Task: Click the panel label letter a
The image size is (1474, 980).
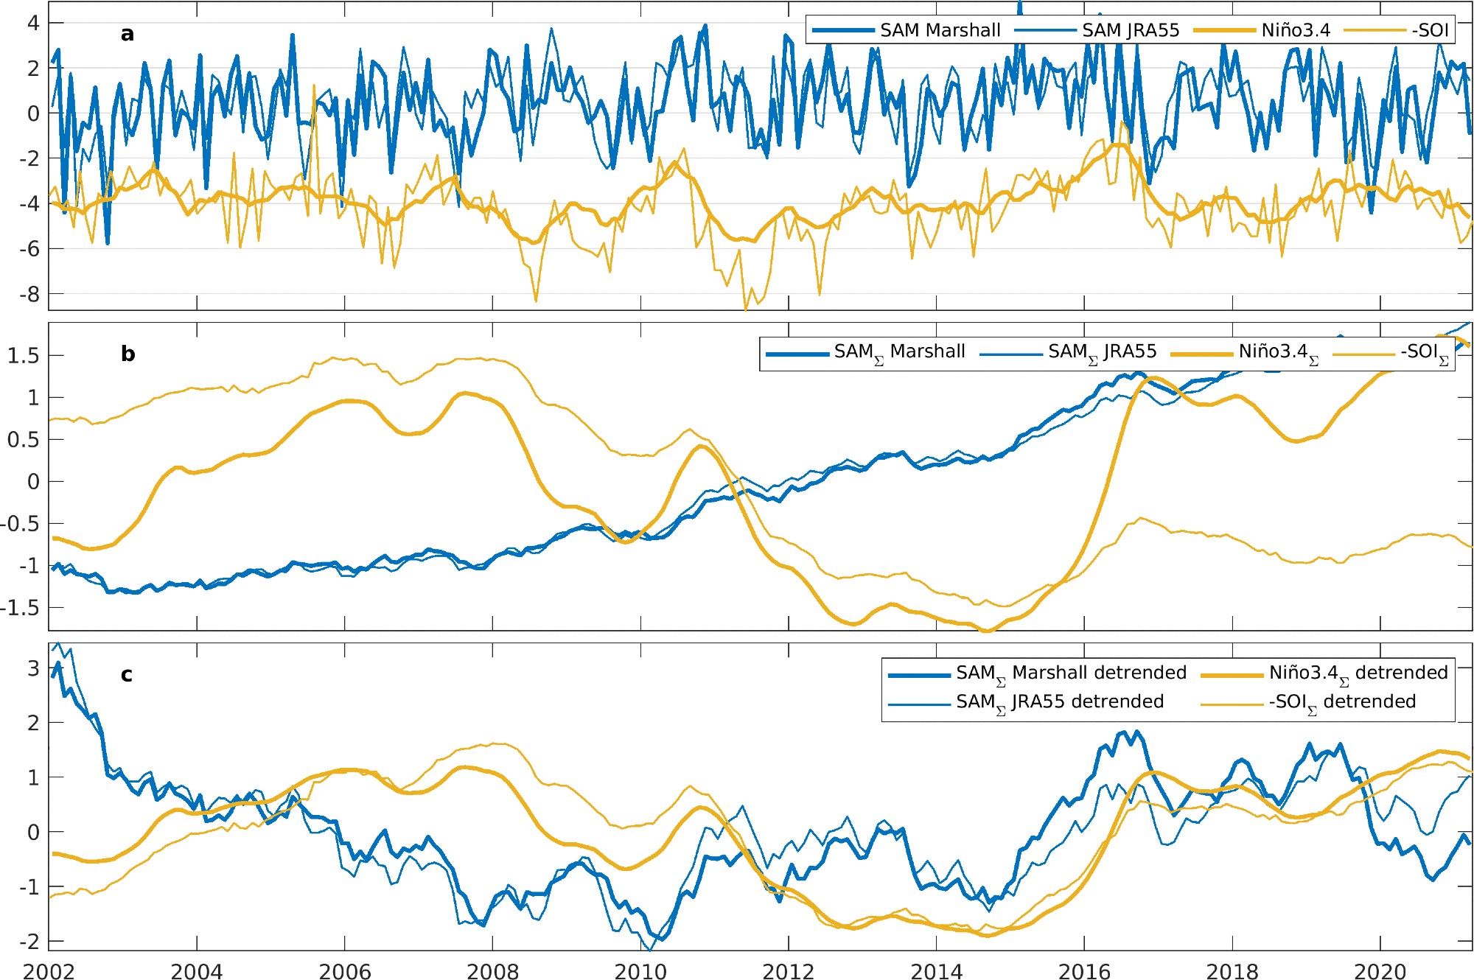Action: (128, 34)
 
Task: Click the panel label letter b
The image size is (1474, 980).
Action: (128, 354)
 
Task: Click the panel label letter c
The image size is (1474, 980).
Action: (127, 675)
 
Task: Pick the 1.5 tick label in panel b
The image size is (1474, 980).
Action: (23, 356)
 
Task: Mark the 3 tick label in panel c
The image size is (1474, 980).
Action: (33, 668)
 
